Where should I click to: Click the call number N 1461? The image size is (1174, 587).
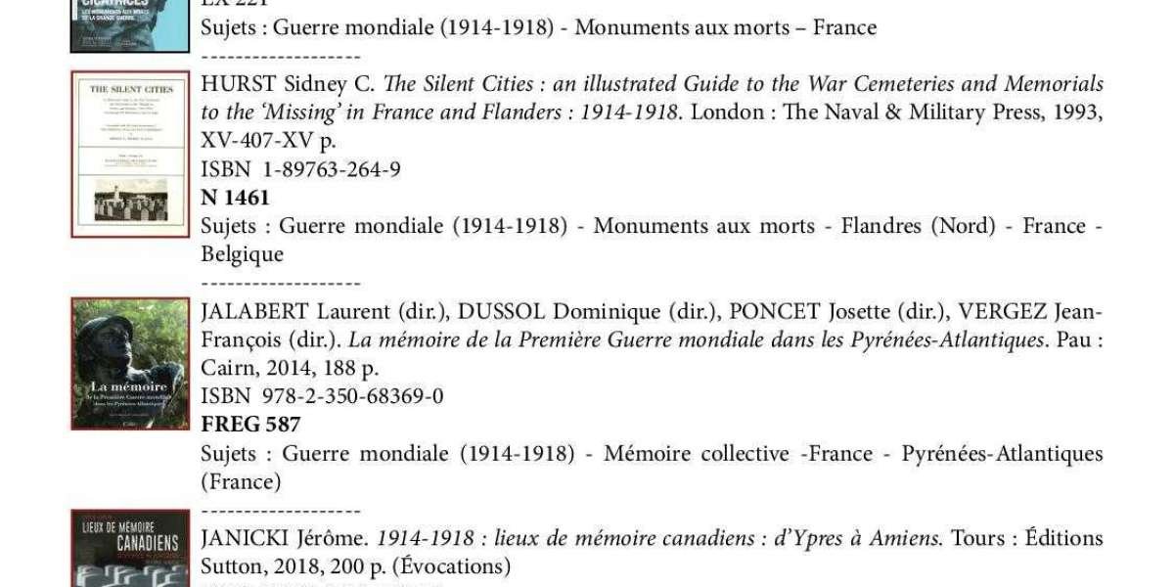(x=235, y=198)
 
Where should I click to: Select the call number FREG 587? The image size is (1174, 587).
(x=250, y=425)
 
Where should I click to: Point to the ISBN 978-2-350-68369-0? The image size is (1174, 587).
(x=322, y=396)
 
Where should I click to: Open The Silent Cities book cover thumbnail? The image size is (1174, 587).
(x=130, y=154)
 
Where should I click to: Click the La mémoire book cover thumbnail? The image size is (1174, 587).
(x=130, y=364)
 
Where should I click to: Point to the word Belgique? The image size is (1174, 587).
(x=242, y=254)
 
